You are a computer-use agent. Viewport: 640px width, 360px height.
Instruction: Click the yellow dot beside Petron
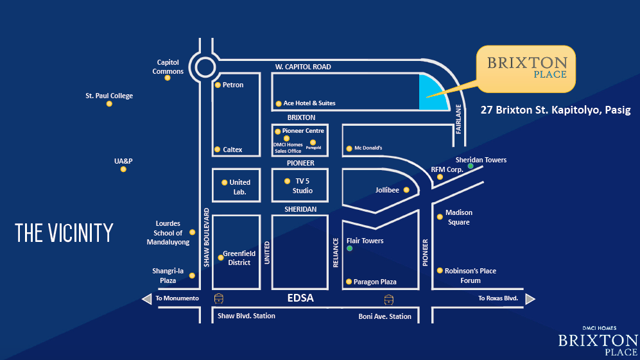click(218, 85)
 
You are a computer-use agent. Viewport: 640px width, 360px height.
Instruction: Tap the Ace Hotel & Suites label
click(309, 103)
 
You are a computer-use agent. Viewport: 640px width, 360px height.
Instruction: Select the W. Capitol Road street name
click(303, 67)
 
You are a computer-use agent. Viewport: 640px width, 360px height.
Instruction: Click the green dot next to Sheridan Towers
click(471, 166)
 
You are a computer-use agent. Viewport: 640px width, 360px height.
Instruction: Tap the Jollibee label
click(387, 190)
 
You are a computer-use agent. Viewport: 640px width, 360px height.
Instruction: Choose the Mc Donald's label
click(368, 148)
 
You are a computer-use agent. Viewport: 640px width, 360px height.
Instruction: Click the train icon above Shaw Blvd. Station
click(220, 298)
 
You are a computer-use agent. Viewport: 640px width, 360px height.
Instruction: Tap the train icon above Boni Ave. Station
click(388, 298)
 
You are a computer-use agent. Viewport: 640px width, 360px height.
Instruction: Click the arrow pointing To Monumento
click(146, 298)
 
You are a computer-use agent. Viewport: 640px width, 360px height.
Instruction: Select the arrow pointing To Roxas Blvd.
click(530, 298)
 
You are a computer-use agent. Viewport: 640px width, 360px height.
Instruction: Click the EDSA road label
click(300, 298)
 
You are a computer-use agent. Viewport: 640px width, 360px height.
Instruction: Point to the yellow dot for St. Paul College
click(109, 103)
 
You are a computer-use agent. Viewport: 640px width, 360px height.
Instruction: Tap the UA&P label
click(123, 161)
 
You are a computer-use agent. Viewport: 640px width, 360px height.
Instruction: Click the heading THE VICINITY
click(64, 233)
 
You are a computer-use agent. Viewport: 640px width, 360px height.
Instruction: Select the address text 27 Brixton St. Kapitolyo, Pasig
click(555, 110)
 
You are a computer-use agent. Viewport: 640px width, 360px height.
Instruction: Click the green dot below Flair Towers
click(349, 248)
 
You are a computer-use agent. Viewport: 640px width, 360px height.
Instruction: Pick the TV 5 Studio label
click(302, 186)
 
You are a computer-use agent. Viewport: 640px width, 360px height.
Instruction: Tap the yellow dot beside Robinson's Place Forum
click(440, 271)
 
